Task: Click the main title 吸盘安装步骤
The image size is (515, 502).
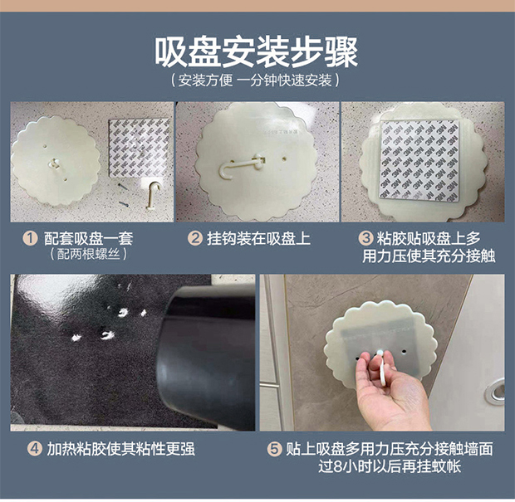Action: (x=257, y=52)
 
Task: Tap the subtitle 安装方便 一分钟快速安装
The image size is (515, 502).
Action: (x=255, y=80)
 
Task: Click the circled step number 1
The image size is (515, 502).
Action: (x=30, y=238)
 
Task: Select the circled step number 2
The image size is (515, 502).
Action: (x=194, y=238)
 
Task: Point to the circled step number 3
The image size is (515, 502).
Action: (x=365, y=238)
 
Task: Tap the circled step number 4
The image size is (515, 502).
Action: (x=35, y=449)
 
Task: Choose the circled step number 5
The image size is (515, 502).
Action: (x=274, y=449)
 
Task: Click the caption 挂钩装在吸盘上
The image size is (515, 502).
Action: (x=258, y=238)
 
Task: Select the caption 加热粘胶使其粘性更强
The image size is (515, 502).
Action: (x=121, y=449)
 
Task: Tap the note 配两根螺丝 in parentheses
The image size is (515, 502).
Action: (x=88, y=254)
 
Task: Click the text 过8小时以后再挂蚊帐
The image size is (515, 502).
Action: (x=390, y=466)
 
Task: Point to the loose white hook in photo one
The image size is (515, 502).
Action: (x=153, y=194)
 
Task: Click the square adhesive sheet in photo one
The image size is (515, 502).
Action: (x=140, y=148)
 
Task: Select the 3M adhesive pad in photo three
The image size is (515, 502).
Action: (x=419, y=160)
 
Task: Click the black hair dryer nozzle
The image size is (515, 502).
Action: (x=206, y=358)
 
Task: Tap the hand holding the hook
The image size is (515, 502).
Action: (x=390, y=392)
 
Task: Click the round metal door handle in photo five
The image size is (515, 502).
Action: (x=495, y=391)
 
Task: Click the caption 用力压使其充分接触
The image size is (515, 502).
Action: (x=429, y=256)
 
